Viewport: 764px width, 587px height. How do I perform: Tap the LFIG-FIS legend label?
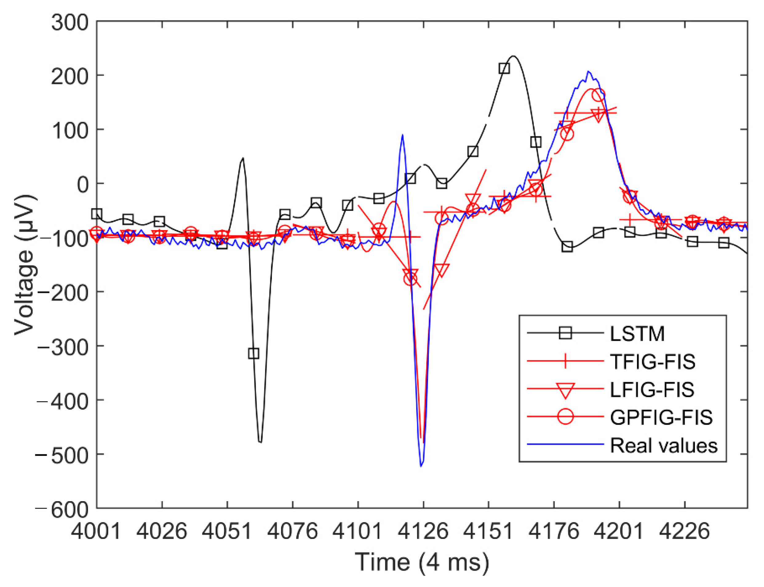pyautogui.click(x=651, y=389)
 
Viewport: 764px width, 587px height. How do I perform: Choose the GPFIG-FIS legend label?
pyautogui.click(x=661, y=417)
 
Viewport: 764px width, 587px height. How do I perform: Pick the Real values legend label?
pyautogui.click(x=663, y=445)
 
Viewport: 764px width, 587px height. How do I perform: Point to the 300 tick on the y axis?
pyautogui.click(x=70, y=23)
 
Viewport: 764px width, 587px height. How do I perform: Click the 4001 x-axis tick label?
pyautogui.click(x=96, y=531)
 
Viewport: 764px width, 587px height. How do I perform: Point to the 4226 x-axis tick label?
pyautogui.click(x=684, y=531)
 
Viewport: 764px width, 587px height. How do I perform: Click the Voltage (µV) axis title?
pyautogui.click(x=25, y=265)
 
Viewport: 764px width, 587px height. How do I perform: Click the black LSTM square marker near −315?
pyautogui.click(x=254, y=353)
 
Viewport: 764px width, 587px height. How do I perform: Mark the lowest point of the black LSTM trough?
pyautogui.click(x=260, y=442)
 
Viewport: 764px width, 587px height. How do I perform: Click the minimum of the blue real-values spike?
pyautogui.click(x=421, y=466)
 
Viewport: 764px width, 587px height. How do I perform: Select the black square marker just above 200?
pyautogui.click(x=504, y=69)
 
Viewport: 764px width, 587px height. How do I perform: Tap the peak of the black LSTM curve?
pyautogui.click(x=513, y=56)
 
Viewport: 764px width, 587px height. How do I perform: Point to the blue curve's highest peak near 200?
pyautogui.click(x=588, y=72)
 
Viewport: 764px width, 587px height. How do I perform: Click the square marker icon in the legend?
pyautogui.click(x=565, y=333)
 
